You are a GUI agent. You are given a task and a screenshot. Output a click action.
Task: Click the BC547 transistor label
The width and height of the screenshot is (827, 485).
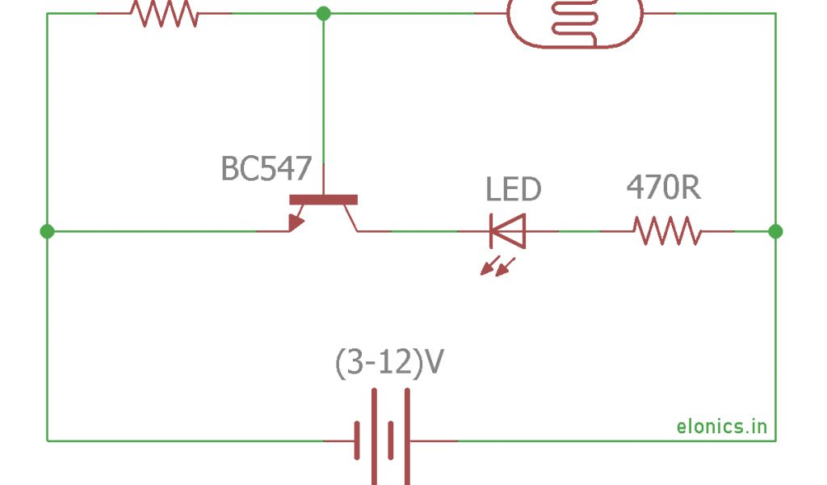pos(266,169)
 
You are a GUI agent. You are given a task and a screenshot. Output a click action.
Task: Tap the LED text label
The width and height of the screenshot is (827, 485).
pos(513,189)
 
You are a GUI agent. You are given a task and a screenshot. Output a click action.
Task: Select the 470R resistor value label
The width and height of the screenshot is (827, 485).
pos(663,188)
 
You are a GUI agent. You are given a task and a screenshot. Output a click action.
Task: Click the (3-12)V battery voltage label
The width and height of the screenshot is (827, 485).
pos(388,364)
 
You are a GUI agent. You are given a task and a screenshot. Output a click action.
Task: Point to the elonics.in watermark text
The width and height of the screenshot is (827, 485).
pos(721,426)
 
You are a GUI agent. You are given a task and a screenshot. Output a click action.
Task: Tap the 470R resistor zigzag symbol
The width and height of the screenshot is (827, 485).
pos(667,231)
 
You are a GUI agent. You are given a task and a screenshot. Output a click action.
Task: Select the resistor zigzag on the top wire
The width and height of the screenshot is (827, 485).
pos(164,14)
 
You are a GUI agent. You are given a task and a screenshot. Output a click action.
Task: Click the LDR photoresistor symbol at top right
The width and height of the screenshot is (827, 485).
pos(575,20)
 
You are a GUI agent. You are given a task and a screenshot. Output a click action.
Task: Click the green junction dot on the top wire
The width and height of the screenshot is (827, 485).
pos(323,13)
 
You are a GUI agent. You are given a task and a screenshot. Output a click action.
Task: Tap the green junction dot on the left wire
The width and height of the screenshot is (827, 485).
pos(47,231)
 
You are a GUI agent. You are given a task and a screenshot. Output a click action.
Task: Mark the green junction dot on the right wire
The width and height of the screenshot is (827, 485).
pos(775,231)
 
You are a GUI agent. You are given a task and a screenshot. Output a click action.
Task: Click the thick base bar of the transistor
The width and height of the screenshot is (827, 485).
pos(323,200)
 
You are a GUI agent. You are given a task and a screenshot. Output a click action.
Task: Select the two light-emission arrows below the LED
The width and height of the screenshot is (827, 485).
pos(497,266)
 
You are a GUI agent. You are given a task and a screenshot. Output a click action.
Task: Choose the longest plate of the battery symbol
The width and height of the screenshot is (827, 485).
pos(375,436)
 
